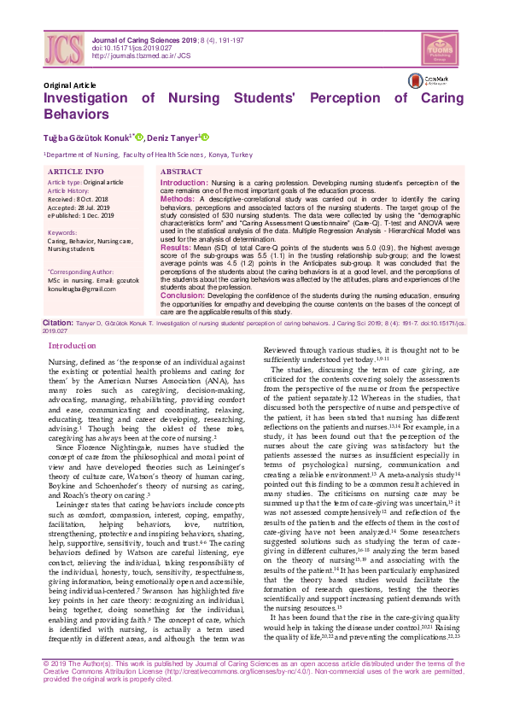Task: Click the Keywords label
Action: coord(62,232)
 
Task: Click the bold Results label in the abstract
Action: coord(178,246)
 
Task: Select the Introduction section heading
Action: coord(73,346)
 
